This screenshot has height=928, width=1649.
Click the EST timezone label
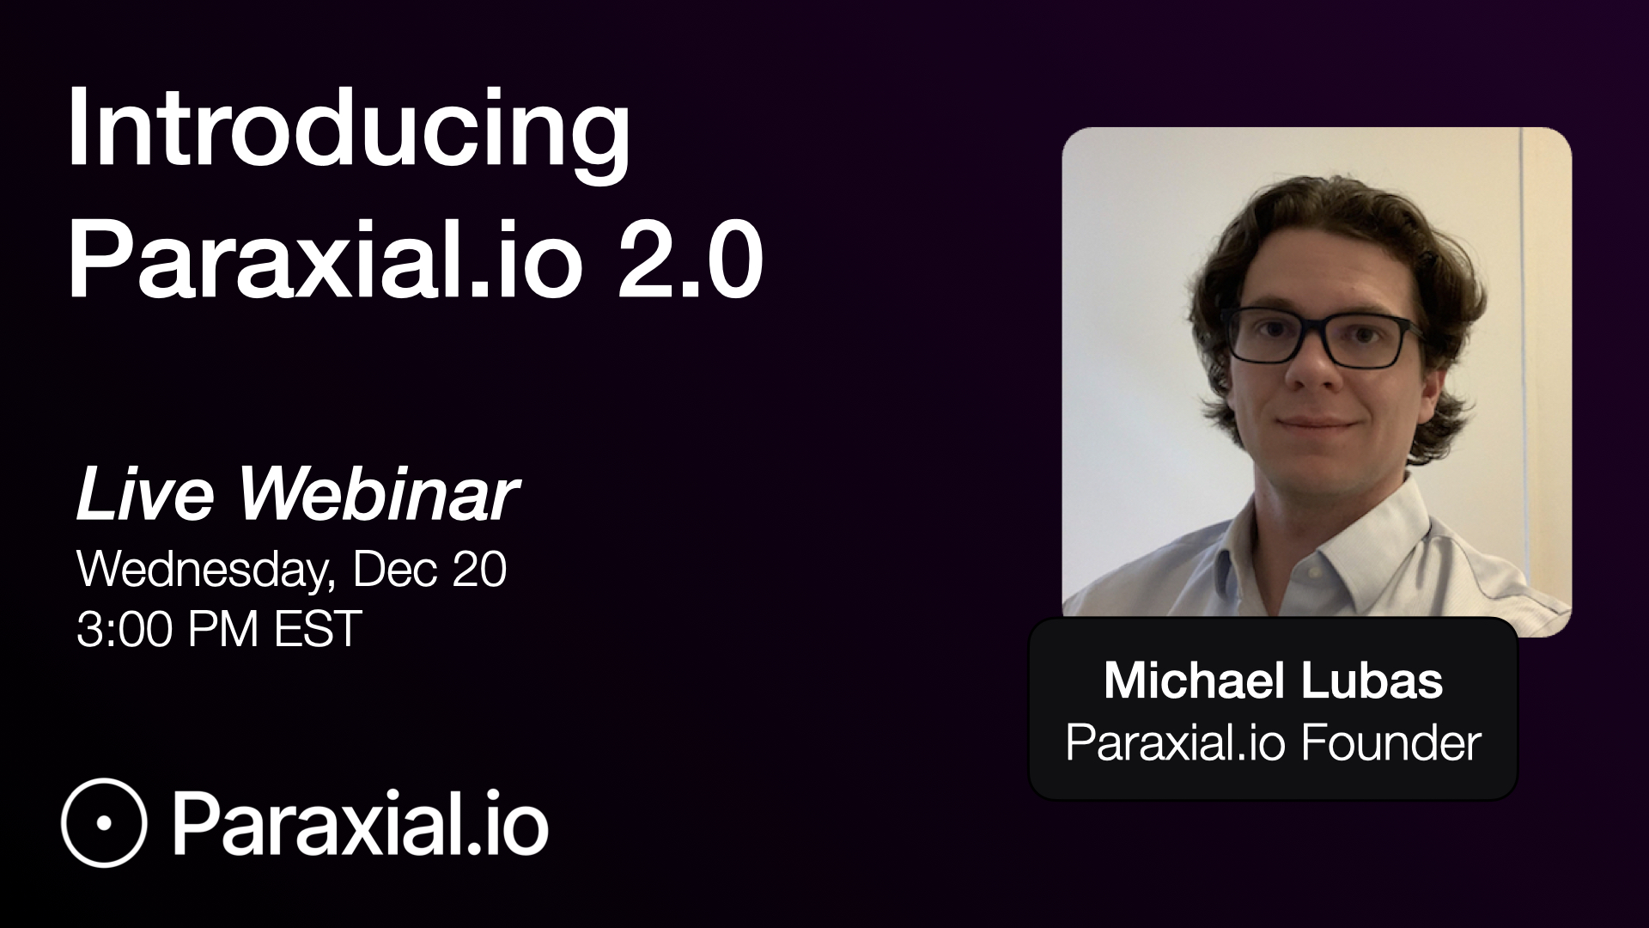point(315,629)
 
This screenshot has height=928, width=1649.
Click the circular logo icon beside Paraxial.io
point(104,821)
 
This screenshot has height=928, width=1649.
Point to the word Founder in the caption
point(1390,743)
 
